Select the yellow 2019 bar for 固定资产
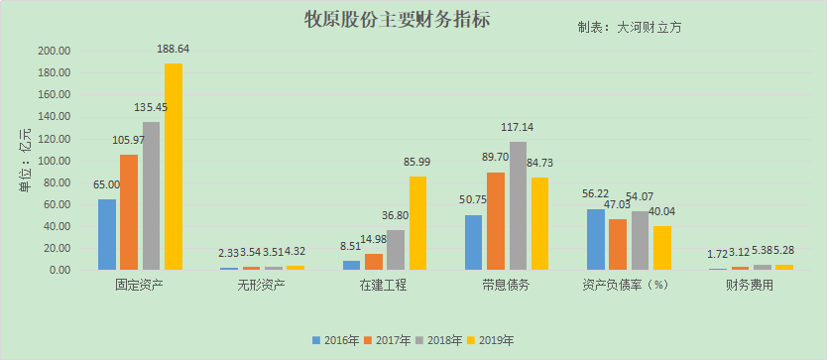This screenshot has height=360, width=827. tap(174, 167)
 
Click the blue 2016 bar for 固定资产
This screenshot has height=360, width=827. tap(107, 234)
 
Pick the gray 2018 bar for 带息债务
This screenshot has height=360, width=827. tap(519, 205)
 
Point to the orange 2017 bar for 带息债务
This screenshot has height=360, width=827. tap(496, 221)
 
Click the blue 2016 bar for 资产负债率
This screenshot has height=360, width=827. tap(596, 239)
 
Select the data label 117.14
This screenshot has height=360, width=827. tap(519, 127)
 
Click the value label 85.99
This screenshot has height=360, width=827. tap(417, 162)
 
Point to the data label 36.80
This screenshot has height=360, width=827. tap(395, 216)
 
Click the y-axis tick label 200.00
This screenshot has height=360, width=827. tap(54, 51)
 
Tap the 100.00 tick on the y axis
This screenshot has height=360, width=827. tap(54, 161)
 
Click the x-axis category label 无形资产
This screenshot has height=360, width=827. tap(261, 286)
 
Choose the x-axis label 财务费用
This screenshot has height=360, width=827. tap(749, 286)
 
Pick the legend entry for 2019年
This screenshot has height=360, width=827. tap(494, 339)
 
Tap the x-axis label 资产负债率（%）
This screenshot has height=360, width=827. tap(626, 286)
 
